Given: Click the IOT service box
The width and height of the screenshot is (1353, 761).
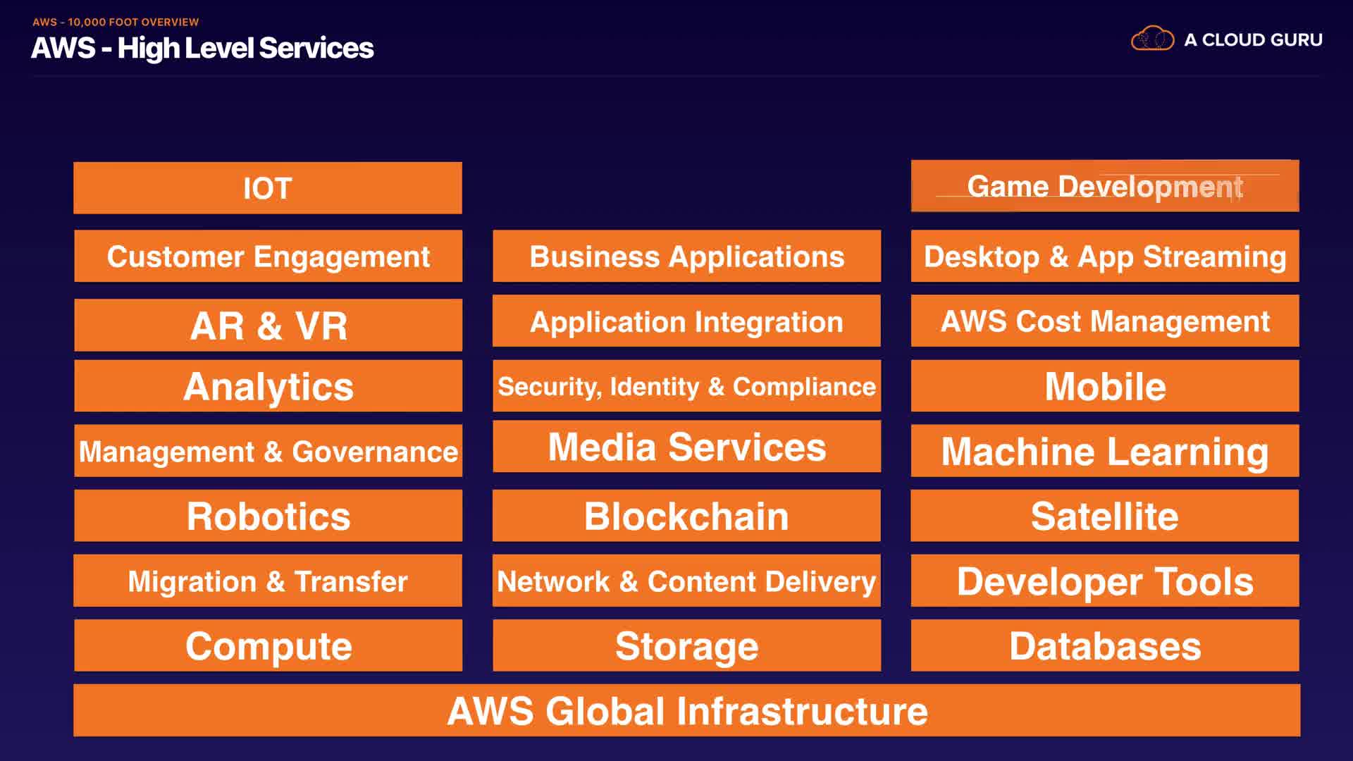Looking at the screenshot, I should tap(268, 188).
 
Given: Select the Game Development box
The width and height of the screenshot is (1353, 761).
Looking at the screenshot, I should tap(1105, 186).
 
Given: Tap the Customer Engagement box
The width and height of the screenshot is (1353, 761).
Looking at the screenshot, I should tap(268, 256).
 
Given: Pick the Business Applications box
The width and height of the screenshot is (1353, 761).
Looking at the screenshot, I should tap(686, 256).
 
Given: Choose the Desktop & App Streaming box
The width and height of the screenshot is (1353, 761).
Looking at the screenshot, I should tap(1105, 256).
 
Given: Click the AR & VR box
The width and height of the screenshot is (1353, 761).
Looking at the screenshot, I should tap(268, 325).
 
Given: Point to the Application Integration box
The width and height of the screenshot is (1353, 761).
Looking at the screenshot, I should tap(686, 321).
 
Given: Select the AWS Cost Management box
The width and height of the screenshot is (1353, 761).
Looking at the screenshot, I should tap(1105, 321).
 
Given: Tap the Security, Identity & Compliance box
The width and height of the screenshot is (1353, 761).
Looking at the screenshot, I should tap(686, 386).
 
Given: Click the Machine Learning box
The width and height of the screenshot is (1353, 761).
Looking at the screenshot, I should tap(1105, 451).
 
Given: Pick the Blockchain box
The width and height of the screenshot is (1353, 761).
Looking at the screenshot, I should tap(686, 516).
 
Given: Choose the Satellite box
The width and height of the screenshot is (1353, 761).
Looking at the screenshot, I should tap(1105, 516).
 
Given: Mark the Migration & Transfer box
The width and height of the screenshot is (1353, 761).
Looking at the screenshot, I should tap(268, 581).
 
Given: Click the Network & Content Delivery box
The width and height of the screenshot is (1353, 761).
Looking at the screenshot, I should tap(686, 581).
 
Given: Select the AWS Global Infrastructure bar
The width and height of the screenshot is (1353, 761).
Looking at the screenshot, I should tap(687, 710).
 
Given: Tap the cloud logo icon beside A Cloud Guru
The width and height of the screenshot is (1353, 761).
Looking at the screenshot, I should tap(1152, 39).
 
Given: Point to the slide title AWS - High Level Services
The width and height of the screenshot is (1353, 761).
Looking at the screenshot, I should tap(202, 48).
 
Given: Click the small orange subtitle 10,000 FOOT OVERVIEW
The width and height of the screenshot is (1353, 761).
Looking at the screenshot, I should tap(133, 22).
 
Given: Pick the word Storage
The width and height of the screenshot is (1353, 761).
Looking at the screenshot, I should tap(686, 646).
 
